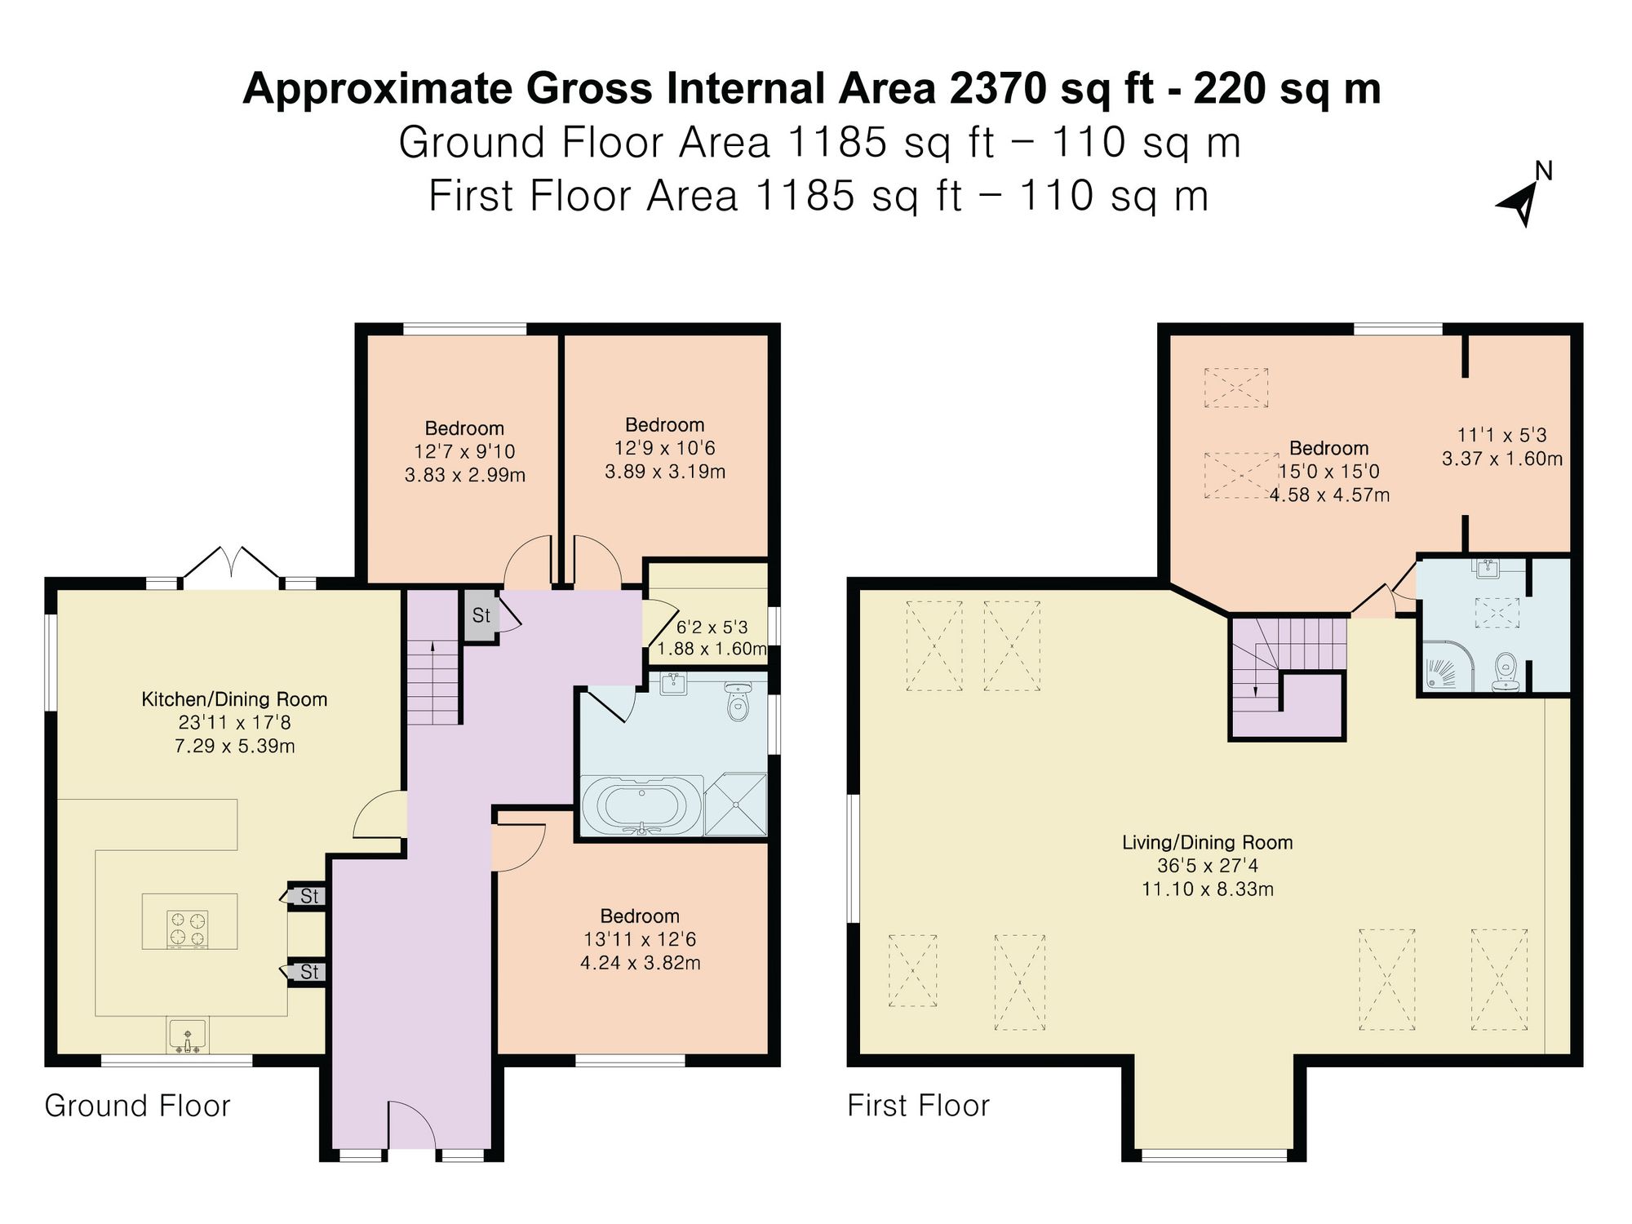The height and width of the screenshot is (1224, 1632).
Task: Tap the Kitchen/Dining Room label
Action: tap(234, 699)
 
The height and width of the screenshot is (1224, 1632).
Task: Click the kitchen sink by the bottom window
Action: tap(188, 1036)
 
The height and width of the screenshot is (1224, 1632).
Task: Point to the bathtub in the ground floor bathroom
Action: tap(641, 805)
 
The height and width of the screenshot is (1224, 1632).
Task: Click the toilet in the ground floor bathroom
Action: tap(738, 702)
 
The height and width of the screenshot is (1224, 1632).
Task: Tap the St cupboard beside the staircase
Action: tap(481, 615)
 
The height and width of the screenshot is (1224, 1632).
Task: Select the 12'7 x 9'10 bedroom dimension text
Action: tap(465, 451)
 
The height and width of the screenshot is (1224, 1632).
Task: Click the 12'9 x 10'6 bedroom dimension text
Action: tap(665, 448)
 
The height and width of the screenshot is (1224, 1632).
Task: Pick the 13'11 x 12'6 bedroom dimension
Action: tap(641, 939)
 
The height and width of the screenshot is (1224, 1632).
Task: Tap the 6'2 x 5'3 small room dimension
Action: tap(712, 628)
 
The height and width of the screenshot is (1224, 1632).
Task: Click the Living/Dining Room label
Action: tap(1208, 842)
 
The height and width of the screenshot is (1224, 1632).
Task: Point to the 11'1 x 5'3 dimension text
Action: tap(1502, 435)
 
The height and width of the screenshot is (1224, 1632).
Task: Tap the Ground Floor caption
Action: tap(138, 1106)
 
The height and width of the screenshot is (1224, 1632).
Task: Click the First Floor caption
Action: tap(919, 1106)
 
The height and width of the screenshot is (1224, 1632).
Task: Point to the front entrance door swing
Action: tap(413, 1125)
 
